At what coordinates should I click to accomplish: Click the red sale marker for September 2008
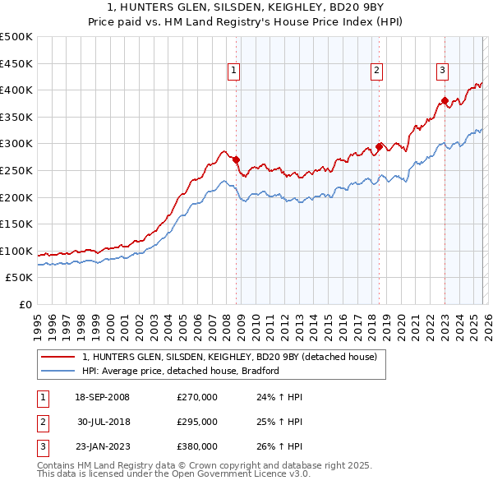pyautogui.click(x=237, y=159)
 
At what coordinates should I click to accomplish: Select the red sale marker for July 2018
pyautogui.click(x=379, y=146)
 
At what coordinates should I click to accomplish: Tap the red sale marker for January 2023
pyautogui.click(x=445, y=101)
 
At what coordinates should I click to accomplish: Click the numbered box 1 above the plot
pyautogui.click(x=234, y=72)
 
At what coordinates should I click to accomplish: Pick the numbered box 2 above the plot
pyautogui.click(x=376, y=72)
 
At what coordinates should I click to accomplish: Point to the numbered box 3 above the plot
pyautogui.click(x=442, y=72)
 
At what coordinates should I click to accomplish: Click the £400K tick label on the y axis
pyautogui.click(x=16, y=90)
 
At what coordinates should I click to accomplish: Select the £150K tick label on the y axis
pyautogui.click(x=16, y=224)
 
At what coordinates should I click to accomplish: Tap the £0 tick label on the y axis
pyautogui.click(x=25, y=304)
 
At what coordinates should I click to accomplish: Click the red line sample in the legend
pyautogui.click(x=58, y=358)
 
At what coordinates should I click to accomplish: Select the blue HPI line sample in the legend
pyautogui.click(x=58, y=372)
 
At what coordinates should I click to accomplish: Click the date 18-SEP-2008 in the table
pyautogui.click(x=102, y=397)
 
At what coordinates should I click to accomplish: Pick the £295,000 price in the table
pyautogui.click(x=197, y=422)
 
